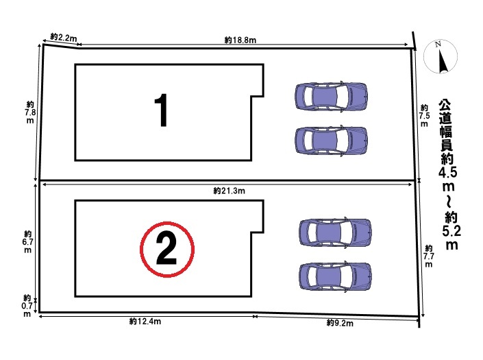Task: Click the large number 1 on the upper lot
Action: tap(161, 110)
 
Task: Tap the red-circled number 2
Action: tap(167, 249)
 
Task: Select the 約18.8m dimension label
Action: tap(240, 40)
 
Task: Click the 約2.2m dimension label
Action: tap(63, 38)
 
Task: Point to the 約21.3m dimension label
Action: tap(230, 191)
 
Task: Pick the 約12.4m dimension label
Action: tap(145, 322)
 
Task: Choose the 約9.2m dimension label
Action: tap(340, 323)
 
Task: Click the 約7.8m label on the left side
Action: tap(30, 112)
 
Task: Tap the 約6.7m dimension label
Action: tap(27, 242)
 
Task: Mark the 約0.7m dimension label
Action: tap(27, 306)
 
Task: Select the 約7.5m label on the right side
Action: tap(424, 116)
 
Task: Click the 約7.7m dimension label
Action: tap(428, 256)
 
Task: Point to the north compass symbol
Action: tap(441, 57)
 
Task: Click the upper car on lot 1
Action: tap(331, 96)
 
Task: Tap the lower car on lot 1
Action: tap(331, 141)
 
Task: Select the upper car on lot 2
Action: tap(335, 232)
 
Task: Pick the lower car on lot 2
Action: tap(335, 276)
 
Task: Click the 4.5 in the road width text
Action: tap(448, 172)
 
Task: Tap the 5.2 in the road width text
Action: tap(451, 231)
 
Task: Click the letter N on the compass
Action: tap(438, 44)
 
